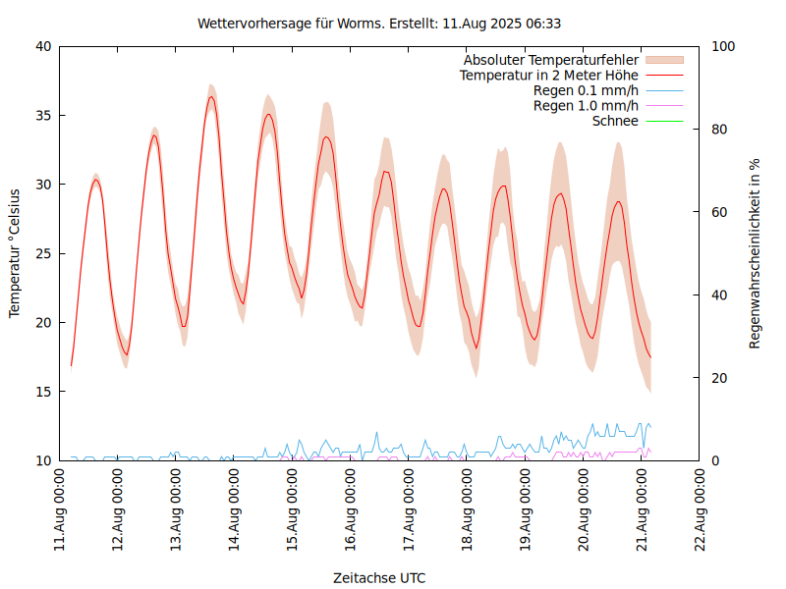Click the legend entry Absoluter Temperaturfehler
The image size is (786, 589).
(551, 60)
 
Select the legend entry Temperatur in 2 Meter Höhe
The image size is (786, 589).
(549, 75)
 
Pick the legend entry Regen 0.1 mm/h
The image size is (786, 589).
(586, 90)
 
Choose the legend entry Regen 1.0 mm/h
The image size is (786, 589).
(586, 105)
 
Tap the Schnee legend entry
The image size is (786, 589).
(616, 121)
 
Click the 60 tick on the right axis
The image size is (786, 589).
(720, 212)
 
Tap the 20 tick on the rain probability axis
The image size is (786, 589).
(720, 378)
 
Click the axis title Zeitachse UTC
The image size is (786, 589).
(379, 577)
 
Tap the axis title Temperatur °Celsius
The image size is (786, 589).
(15, 252)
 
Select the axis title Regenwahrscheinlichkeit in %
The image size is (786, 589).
(756, 252)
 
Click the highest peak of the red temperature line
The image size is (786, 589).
(211, 96)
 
